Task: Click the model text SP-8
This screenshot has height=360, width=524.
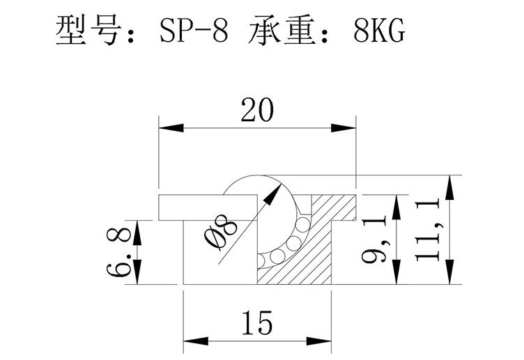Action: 194,30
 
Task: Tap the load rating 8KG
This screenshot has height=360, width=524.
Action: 379,30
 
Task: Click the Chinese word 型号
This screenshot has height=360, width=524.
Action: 88,30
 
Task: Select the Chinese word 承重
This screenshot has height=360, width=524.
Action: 282,30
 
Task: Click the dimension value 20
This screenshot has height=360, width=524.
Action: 257,110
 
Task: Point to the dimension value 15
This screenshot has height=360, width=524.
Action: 257,322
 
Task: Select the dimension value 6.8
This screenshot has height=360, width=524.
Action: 118,252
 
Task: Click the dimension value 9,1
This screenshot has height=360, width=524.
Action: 374,239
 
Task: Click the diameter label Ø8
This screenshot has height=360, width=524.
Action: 221,232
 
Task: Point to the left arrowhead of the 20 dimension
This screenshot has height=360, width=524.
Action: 171,128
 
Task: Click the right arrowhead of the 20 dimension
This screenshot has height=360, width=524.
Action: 344,128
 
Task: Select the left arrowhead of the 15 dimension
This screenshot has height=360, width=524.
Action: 196,341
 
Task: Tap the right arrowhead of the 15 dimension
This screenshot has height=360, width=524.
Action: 319,341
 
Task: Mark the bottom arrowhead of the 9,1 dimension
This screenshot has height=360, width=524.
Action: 396,272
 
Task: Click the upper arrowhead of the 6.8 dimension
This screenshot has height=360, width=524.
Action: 137,233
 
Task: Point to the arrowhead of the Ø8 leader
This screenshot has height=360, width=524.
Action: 272,194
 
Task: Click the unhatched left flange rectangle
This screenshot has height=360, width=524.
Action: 208,208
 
